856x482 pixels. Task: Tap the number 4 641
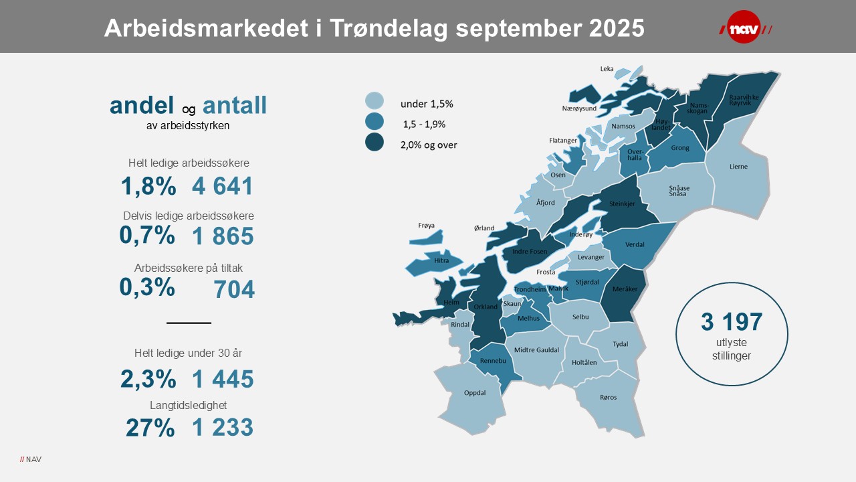(x=223, y=186)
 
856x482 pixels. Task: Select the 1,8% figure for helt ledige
(x=148, y=186)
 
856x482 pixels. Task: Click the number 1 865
(x=223, y=236)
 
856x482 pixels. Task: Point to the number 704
(x=234, y=289)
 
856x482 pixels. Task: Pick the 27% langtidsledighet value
(x=150, y=428)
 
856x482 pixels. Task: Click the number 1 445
(x=223, y=380)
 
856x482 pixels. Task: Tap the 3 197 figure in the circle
(x=732, y=322)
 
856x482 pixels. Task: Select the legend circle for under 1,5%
(x=374, y=101)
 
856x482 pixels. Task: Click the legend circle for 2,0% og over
(x=374, y=142)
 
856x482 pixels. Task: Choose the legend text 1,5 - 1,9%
(x=424, y=124)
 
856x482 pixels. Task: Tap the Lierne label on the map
(x=738, y=166)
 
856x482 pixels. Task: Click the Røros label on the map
(x=608, y=397)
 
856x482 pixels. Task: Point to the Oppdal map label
(x=475, y=393)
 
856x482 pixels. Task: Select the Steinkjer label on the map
(x=622, y=204)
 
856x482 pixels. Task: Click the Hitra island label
(x=441, y=260)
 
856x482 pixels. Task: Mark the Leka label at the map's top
(x=607, y=68)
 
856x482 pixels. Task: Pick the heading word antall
(x=235, y=105)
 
